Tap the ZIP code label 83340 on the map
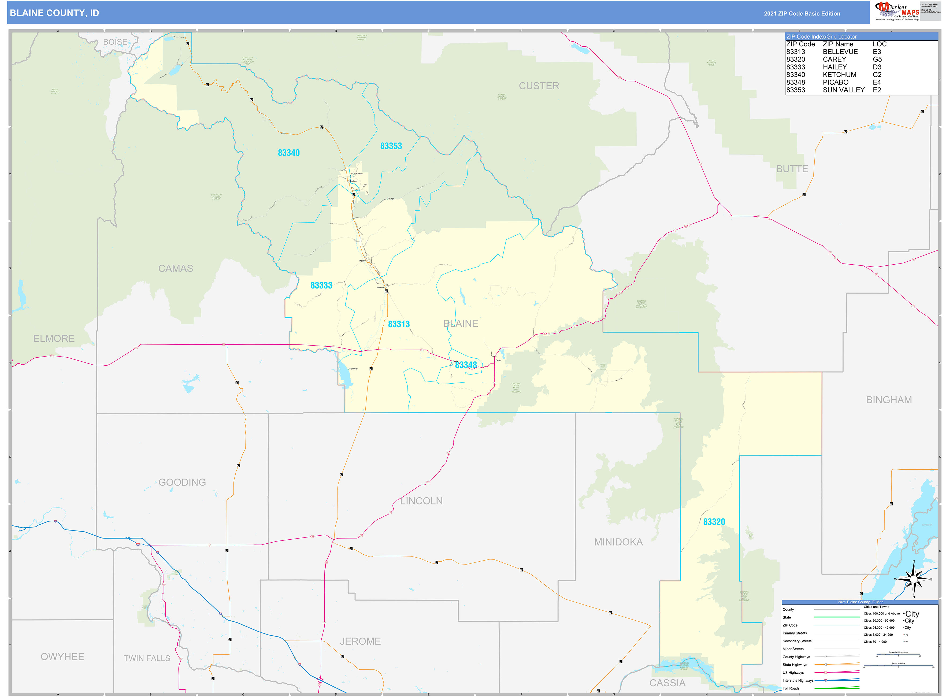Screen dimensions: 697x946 [289, 153]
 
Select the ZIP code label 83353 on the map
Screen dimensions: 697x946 [391, 146]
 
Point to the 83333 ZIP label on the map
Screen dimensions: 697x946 [321, 285]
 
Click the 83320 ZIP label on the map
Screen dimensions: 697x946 [714, 522]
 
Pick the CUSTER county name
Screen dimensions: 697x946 [539, 86]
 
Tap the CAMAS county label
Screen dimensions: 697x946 [176, 268]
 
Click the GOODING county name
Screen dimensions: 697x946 [182, 482]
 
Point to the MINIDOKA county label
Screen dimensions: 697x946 [618, 542]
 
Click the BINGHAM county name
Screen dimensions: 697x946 [889, 400]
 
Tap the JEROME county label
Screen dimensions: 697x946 [360, 641]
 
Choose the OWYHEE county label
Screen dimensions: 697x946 [62, 657]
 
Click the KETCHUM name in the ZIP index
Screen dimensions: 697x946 [839, 75]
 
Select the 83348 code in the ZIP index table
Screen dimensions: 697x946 [795, 82]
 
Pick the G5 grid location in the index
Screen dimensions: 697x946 [877, 60]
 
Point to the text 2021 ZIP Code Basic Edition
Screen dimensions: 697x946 [802, 13]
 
